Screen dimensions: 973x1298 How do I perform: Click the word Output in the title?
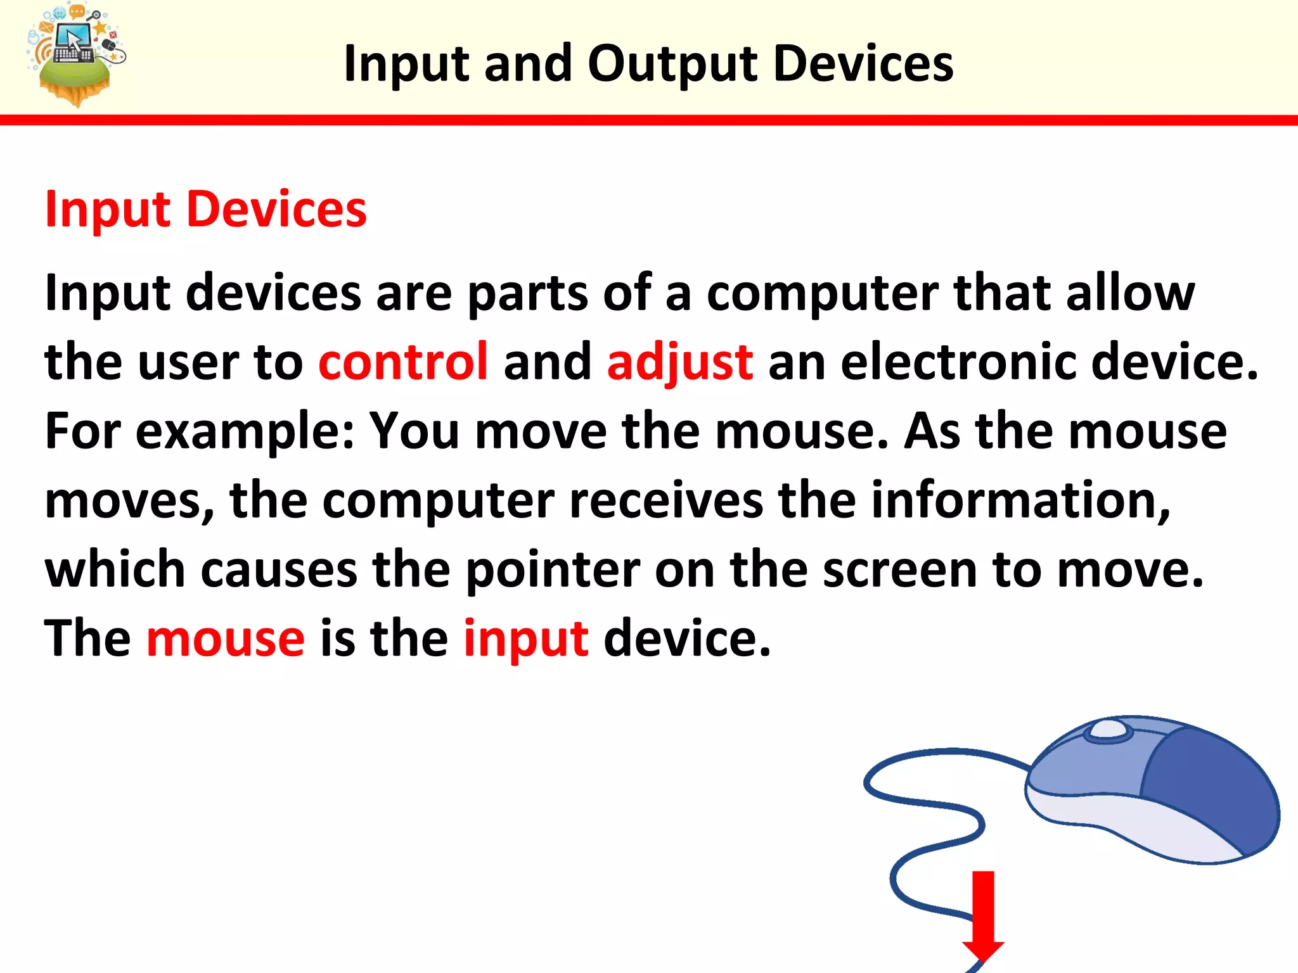click(672, 65)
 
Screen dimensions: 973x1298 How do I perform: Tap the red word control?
click(403, 362)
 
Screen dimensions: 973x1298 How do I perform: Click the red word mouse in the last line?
click(226, 639)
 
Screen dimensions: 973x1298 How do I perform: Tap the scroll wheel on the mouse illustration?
click(1108, 729)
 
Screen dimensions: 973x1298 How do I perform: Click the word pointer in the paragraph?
click(553, 570)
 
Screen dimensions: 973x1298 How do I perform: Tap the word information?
click(1020, 500)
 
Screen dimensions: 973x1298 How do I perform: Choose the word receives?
click(666, 500)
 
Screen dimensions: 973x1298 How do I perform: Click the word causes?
click(279, 570)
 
